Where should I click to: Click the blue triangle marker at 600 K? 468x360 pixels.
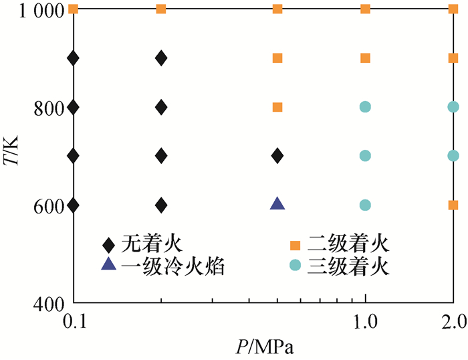[x=277, y=203]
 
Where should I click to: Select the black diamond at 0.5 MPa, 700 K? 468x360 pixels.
[x=277, y=156]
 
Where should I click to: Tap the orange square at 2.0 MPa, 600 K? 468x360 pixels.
[x=453, y=205]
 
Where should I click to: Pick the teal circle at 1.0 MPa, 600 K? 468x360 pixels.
[x=365, y=205]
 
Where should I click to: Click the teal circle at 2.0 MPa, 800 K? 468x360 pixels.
[x=453, y=106]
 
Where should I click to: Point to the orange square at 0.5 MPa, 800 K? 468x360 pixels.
[x=277, y=107]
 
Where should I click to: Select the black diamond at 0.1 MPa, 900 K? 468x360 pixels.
[x=74, y=58]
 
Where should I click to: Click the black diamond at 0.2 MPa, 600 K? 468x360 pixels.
[x=161, y=205]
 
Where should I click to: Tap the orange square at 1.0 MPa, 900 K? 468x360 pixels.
[x=365, y=58]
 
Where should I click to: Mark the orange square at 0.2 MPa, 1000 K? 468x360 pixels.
[x=161, y=9]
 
